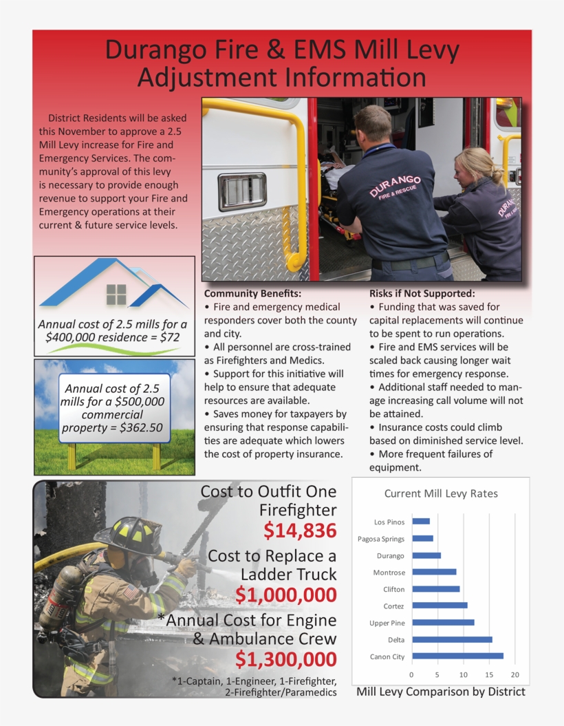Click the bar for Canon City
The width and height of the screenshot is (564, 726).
tap(457, 656)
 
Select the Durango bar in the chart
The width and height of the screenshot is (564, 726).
tap(426, 555)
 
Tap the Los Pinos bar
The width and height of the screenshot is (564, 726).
tap(420, 522)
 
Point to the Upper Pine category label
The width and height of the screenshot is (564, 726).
tap(387, 623)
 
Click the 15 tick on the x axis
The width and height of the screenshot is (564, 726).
tap(489, 674)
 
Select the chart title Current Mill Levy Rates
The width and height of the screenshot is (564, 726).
tap(441, 493)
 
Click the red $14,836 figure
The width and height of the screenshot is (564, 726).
tap(300, 530)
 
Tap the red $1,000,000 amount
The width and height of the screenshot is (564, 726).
tap(285, 595)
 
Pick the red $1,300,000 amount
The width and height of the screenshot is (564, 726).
tap(285, 659)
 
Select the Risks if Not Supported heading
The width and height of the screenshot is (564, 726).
tap(422, 293)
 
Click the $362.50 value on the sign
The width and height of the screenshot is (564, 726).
tap(141, 427)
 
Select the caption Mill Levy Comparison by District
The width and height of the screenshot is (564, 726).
tap(440, 692)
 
